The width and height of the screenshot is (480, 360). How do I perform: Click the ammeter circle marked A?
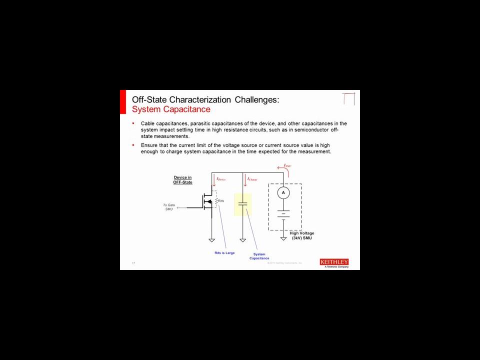click(x=283, y=192)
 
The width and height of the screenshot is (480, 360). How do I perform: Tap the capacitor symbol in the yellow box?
click(x=242, y=204)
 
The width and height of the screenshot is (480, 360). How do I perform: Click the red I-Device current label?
click(x=221, y=179)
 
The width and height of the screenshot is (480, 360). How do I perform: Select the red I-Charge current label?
click(x=252, y=179)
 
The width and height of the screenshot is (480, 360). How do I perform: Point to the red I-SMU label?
click(x=287, y=165)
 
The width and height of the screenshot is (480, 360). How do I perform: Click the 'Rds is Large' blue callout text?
click(x=224, y=253)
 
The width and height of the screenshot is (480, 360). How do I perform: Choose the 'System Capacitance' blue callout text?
click(x=259, y=256)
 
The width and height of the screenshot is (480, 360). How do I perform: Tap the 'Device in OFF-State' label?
click(x=182, y=180)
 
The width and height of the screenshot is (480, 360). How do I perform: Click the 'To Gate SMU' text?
click(x=169, y=207)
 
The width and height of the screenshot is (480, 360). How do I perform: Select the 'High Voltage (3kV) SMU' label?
click(x=302, y=235)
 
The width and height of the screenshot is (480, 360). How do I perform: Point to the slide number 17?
click(x=133, y=263)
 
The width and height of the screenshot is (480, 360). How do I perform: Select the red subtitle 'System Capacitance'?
click(x=171, y=109)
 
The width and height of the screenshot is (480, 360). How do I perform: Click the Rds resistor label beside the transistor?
click(x=221, y=201)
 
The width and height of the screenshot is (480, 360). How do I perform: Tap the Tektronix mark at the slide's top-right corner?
click(x=348, y=98)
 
